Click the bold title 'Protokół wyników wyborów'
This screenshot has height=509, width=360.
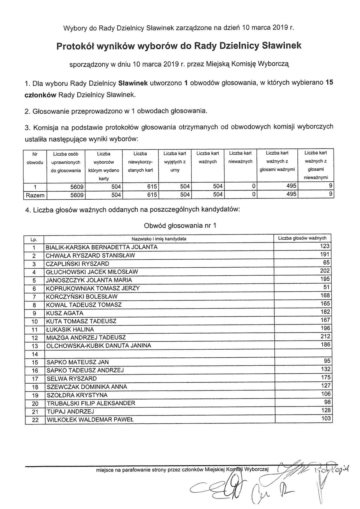click(x=179, y=46)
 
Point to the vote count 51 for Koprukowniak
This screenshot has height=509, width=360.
click(x=327, y=287)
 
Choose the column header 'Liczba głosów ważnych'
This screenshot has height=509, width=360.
click(x=302, y=238)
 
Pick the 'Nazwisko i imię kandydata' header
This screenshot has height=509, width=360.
click(x=159, y=239)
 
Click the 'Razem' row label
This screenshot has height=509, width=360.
click(x=35, y=195)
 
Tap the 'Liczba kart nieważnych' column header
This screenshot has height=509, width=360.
click(x=240, y=157)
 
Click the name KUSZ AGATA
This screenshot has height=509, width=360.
click(x=65, y=313)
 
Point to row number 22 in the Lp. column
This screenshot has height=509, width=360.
click(x=35, y=420)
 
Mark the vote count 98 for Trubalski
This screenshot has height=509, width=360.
click(x=327, y=402)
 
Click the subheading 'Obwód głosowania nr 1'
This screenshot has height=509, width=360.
click(x=180, y=226)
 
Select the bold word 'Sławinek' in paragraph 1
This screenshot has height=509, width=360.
click(x=133, y=83)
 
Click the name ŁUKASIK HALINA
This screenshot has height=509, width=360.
click(x=70, y=329)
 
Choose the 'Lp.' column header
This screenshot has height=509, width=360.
click(x=34, y=239)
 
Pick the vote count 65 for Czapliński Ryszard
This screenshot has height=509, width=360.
click(x=327, y=262)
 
